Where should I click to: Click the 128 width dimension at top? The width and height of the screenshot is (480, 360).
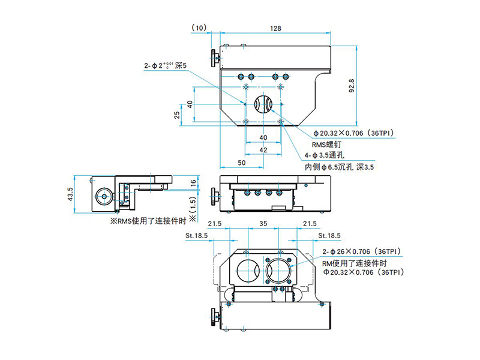point(275,28)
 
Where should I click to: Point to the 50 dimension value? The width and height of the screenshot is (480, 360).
point(241,162)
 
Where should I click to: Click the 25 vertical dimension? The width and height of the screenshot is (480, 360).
point(178,115)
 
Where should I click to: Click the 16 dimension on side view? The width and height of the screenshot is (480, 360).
point(193,183)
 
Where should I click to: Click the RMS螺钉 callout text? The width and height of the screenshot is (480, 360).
point(328,145)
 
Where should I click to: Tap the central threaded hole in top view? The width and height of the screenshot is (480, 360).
point(263,104)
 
